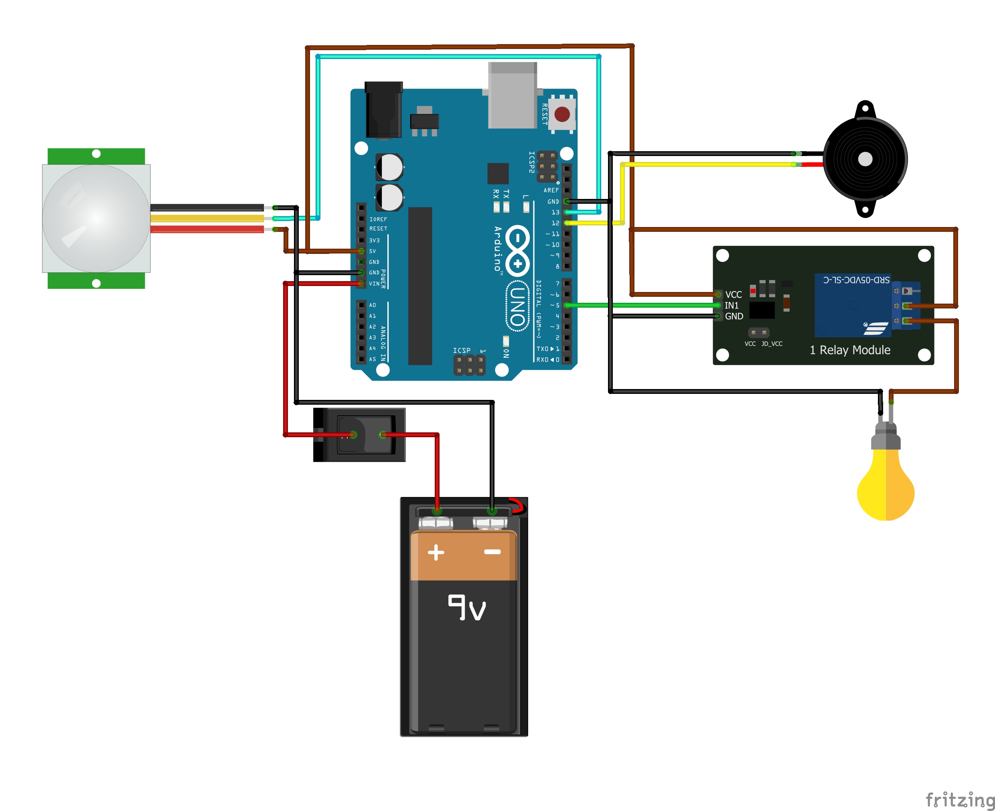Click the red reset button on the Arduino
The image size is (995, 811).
[562, 114]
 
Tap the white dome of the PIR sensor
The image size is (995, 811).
[96, 218]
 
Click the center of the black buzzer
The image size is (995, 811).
[865, 159]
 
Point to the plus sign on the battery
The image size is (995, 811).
[436, 552]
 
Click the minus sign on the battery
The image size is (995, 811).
[492, 552]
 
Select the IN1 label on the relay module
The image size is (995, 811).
[732, 306]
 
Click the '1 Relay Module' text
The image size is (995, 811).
[850, 350]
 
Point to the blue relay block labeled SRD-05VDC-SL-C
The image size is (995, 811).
[853, 306]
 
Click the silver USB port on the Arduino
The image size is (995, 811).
[513, 96]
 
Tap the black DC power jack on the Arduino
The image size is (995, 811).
[383, 110]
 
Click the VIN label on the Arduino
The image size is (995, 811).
[374, 284]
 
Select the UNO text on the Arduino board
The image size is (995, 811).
[517, 306]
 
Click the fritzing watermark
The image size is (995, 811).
[960, 799]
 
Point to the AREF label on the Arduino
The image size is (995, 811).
[551, 190]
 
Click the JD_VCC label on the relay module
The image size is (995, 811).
[772, 344]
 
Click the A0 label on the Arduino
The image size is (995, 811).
[372, 305]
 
